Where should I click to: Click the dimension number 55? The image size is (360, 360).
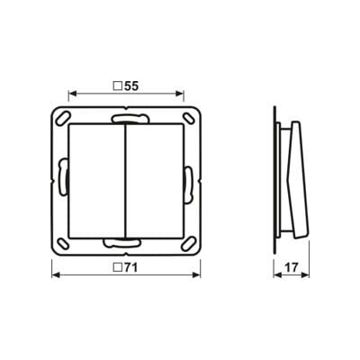pyautogui.click(x=130, y=86)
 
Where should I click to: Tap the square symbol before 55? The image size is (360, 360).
pyautogui.click(x=117, y=86)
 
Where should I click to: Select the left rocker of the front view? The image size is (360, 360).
pyautogui.click(x=96, y=181)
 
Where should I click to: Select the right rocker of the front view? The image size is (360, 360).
pyautogui.click(x=154, y=181)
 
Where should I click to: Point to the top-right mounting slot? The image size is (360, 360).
pyautogui.click(x=188, y=118)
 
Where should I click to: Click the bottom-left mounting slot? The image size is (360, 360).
pyautogui.click(x=62, y=243)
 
